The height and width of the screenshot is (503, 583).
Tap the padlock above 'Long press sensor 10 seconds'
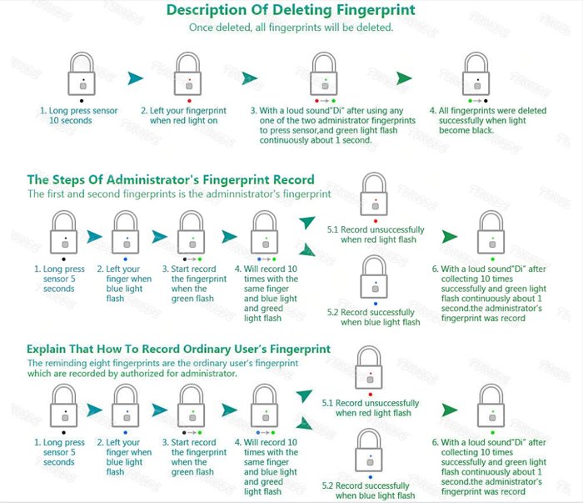pos(82,73)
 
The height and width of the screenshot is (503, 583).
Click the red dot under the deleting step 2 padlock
pos(189,101)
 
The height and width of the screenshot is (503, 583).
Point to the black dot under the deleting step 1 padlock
pos(82,101)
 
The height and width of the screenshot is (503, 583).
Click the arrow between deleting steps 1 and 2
pos(135,78)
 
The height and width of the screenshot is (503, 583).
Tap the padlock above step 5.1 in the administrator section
pos(374,194)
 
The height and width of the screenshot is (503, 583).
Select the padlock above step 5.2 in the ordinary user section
pos(370,450)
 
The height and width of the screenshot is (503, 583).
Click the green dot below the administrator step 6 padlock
pos(493,259)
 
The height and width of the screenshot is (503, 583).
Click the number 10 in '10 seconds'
pos(54,121)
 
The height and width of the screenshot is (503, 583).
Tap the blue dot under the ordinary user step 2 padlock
pos(125,433)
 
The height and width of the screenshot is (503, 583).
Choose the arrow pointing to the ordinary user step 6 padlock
pos(450,410)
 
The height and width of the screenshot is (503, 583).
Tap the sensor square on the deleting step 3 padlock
pos(325,86)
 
